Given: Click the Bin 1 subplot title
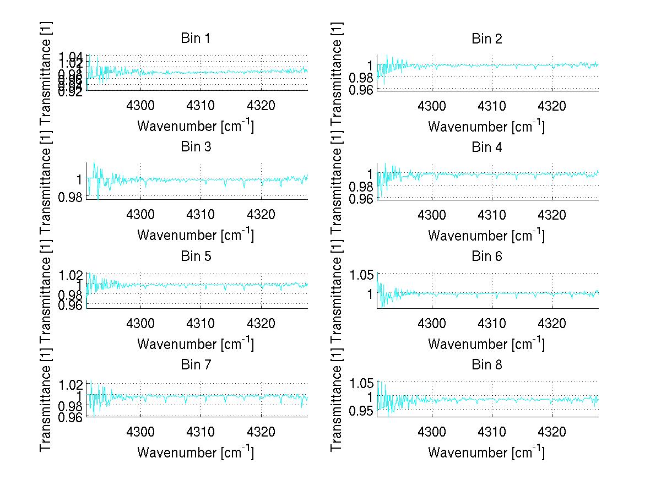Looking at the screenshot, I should [x=195, y=39].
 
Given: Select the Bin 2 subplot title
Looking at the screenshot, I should [x=486, y=39].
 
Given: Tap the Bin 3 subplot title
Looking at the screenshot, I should [x=195, y=147].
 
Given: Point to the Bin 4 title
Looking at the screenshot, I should [x=486, y=147].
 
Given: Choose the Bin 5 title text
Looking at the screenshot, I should [x=195, y=256].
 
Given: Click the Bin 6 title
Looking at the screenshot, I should [x=486, y=256].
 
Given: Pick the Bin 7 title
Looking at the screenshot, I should [x=195, y=364].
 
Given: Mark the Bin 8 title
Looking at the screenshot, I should [x=486, y=364].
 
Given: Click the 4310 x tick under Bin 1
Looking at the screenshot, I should [x=201, y=105].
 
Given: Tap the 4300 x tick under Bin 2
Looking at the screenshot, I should [x=432, y=105].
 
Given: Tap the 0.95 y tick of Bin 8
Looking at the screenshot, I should [x=362, y=410].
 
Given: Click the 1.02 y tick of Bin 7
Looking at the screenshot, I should [x=72, y=384].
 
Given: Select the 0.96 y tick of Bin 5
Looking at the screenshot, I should [x=72, y=304].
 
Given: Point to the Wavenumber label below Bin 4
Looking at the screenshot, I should [x=486, y=235].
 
